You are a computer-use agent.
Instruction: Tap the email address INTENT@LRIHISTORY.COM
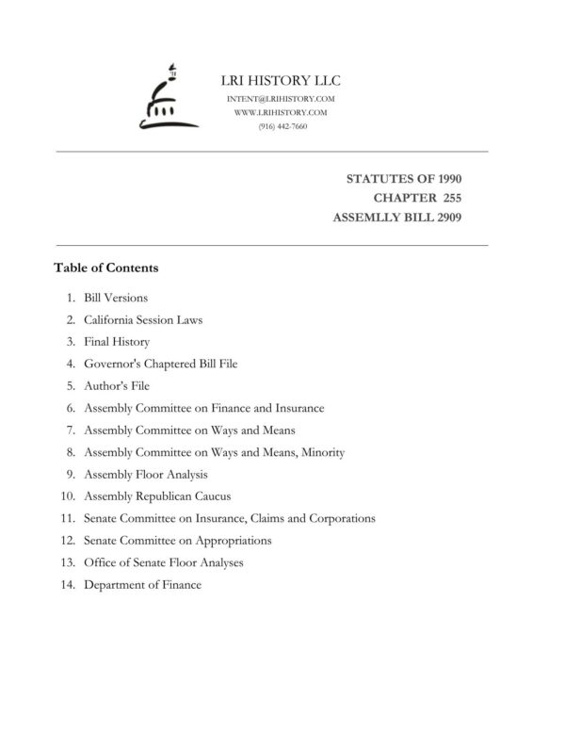point(282,99)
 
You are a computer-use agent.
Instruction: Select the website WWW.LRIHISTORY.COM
point(281,112)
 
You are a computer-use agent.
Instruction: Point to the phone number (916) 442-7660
point(282,126)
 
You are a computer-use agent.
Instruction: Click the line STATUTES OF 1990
point(404,178)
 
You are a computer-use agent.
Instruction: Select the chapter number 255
point(447,197)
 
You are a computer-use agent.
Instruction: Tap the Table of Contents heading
point(106,268)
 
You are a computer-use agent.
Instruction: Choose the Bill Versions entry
point(115,298)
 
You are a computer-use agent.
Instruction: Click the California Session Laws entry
point(143,319)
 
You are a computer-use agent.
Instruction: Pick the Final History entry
point(117,342)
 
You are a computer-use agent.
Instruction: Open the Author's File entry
point(117,386)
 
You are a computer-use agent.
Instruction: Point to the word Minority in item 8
point(324,452)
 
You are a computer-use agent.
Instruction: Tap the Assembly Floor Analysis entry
point(146,475)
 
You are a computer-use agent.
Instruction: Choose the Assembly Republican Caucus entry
point(157,496)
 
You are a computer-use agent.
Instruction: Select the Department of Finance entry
point(142,585)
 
